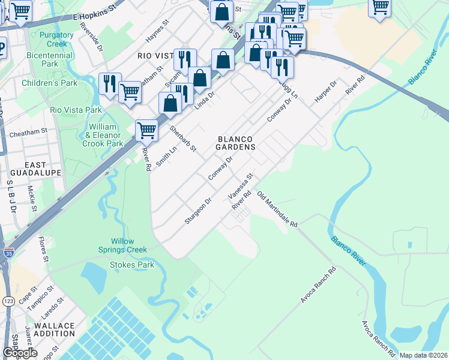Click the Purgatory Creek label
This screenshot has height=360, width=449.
tap(56, 39)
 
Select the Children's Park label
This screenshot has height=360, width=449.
tap(49, 83)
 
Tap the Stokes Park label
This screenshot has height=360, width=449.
tap(131, 265)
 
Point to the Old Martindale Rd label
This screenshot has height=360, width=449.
tap(277, 209)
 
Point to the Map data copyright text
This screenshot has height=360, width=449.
tap(423, 355)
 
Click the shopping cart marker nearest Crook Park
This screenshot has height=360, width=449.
tap(146, 129)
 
